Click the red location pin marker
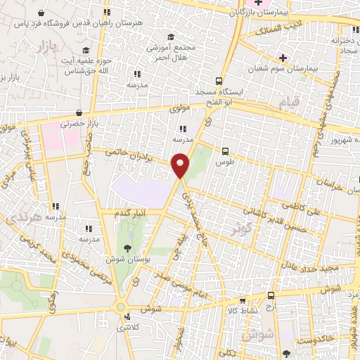coord(181,166)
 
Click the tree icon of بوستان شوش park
coord(127,247)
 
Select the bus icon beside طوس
coord(225,150)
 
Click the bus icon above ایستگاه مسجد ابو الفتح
coord(219,80)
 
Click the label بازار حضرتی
coord(77,123)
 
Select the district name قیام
coord(290,103)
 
